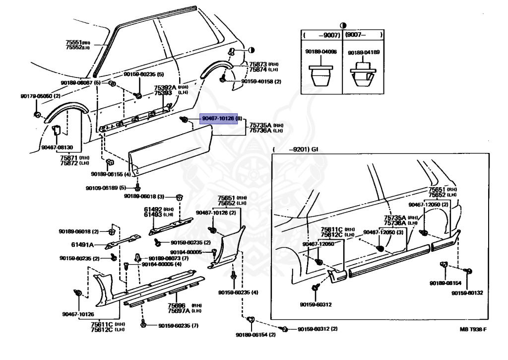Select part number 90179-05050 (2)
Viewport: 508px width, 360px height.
click(x=40, y=96)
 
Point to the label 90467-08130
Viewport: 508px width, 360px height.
click(x=57, y=147)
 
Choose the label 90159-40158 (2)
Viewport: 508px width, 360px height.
click(x=261, y=81)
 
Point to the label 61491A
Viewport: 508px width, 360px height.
click(x=82, y=244)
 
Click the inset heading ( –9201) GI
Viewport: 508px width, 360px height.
click(x=298, y=149)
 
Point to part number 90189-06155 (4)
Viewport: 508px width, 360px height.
click(x=111, y=174)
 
